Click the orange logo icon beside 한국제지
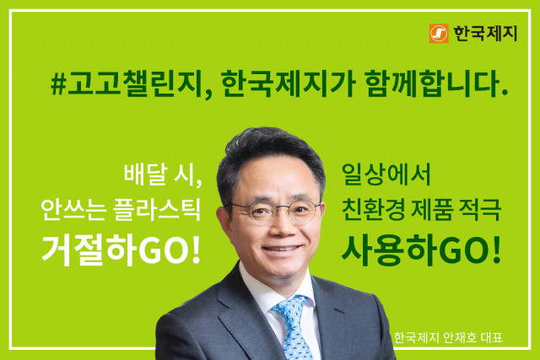[439, 34]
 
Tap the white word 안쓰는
[70, 212]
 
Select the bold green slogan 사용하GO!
[422, 249]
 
